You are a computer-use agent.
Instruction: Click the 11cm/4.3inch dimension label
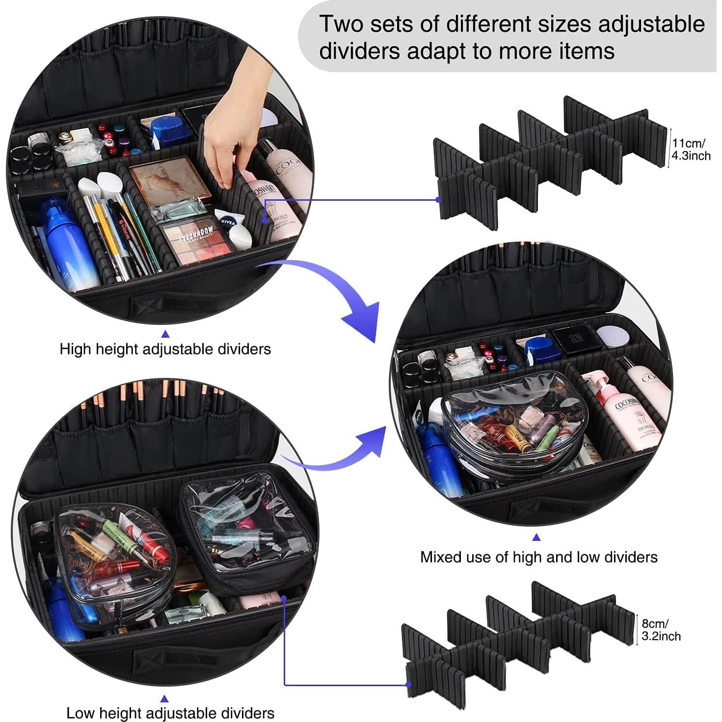click(691, 150)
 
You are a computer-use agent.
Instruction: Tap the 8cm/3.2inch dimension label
click(661, 630)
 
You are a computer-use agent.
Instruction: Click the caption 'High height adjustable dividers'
click(165, 349)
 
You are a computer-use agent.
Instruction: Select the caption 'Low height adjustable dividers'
click(170, 713)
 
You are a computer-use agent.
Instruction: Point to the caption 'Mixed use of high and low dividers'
click(538, 557)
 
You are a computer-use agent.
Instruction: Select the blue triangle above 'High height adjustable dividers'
click(165, 334)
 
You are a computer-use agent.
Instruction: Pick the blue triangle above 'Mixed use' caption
click(536, 537)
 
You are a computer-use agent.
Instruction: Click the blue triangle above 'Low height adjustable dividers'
click(164, 698)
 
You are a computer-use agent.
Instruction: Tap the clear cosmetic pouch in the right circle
click(510, 422)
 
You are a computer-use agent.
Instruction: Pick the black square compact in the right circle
click(575, 339)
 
